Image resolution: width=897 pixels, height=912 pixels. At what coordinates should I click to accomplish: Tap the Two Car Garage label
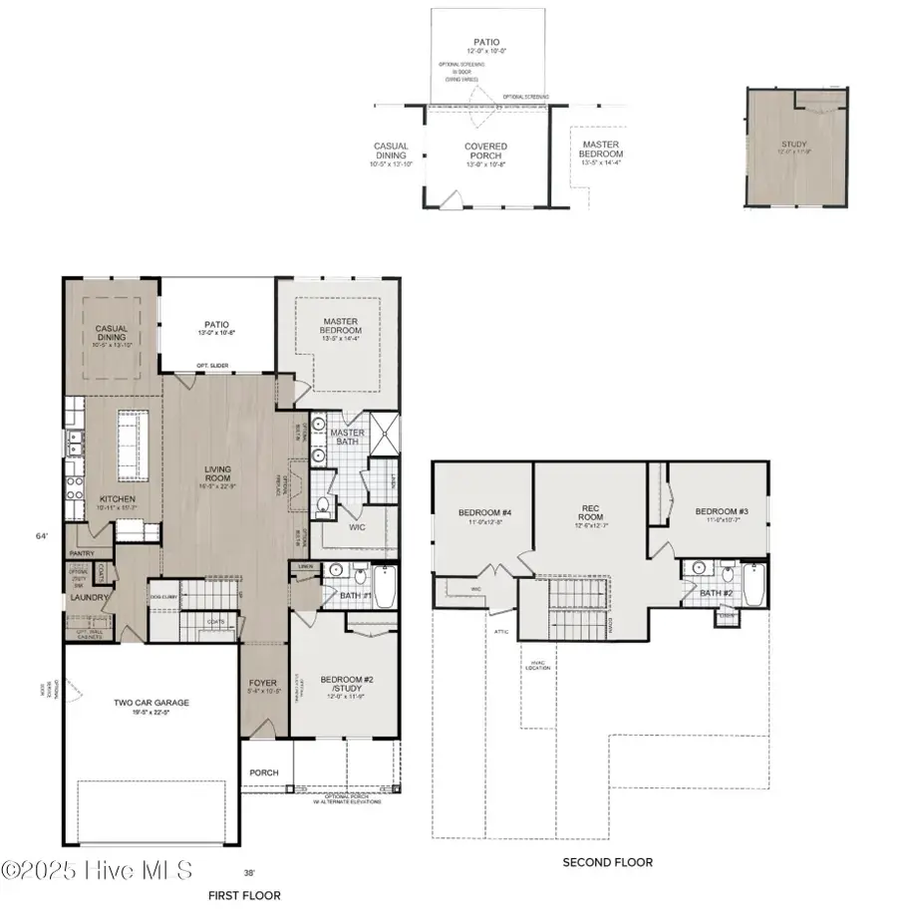(151, 703)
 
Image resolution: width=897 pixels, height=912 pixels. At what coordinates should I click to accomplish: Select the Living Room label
(218, 474)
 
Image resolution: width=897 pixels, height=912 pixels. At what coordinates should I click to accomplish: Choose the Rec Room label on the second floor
(595, 512)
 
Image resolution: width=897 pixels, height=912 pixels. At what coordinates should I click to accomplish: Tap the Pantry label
(82, 553)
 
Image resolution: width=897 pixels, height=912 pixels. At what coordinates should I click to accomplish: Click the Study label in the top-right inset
(793, 145)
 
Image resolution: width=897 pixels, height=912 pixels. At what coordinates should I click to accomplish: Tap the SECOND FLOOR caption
(608, 862)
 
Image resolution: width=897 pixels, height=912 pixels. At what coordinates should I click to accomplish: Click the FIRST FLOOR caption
(244, 895)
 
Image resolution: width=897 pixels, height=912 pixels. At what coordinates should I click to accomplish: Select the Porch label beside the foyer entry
(265, 772)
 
